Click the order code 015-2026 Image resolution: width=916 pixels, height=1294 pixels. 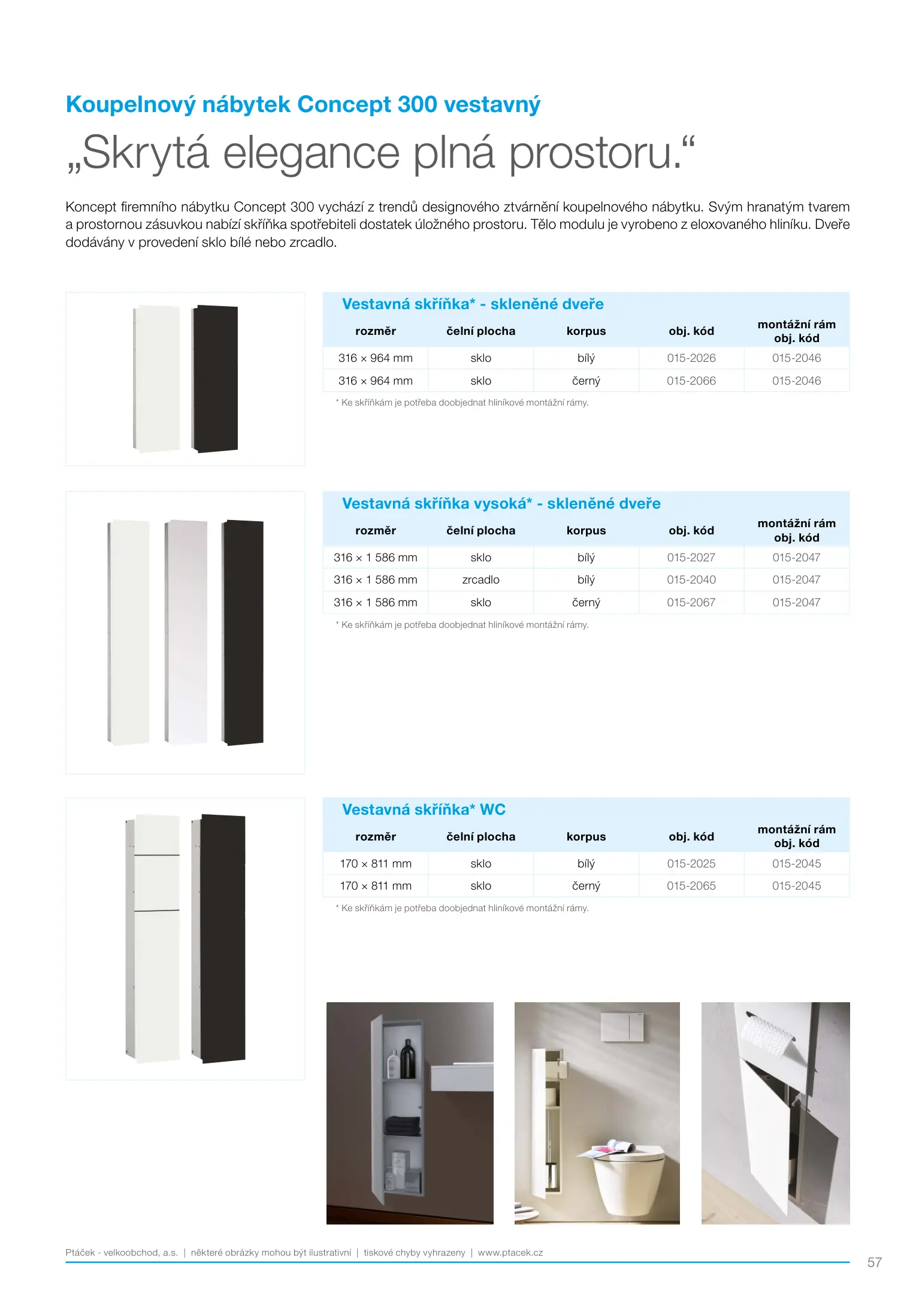pyautogui.click(x=691, y=358)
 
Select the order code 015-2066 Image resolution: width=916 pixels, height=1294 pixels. pyautogui.click(x=691, y=381)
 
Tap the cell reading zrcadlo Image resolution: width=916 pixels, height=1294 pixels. pyautogui.click(x=480, y=580)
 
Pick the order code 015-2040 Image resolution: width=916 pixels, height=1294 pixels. pyautogui.click(x=691, y=580)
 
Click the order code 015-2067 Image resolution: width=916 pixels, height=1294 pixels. pyautogui.click(x=691, y=603)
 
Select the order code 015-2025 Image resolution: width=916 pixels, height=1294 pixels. pyautogui.click(x=691, y=864)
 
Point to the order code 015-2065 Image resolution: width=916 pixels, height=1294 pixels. pyautogui.click(x=691, y=886)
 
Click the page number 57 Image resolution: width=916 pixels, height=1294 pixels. pyautogui.click(x=874, y=1262)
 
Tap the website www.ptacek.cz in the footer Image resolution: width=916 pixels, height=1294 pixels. pyautogui.click(x=510, y=1253)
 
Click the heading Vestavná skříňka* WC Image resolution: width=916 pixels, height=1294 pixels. pyautogui.click(x=424, y=810)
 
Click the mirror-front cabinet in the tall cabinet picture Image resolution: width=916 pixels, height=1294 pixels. pyautogui.click(x=186, y=632)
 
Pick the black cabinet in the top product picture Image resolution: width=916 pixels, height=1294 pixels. pyautogui.click(x=216, y=379)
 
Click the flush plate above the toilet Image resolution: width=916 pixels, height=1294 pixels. pyautogui.click(x=623, y=1027)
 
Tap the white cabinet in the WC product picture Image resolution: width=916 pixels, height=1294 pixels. pyautogui.click(x=156, y=939)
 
